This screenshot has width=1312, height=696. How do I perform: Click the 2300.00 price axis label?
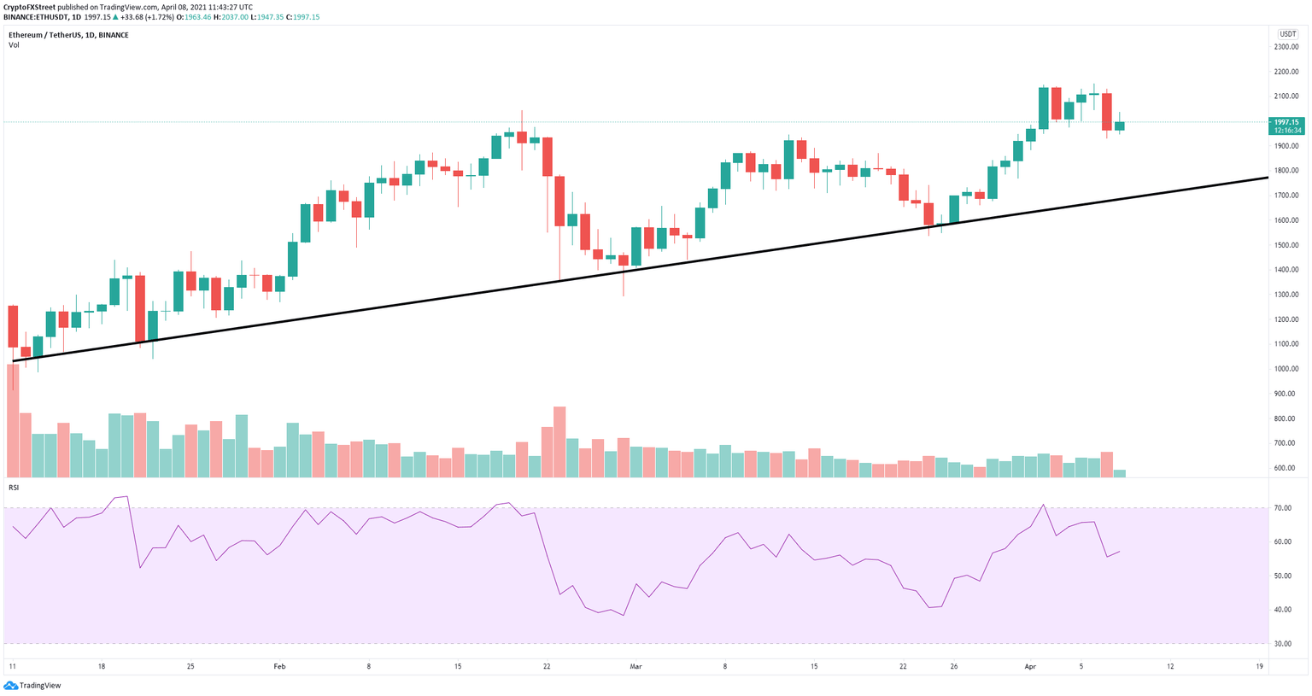click(1286, 47)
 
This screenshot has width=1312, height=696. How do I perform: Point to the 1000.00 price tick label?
click(1286, 369)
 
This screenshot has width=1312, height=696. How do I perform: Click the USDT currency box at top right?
click(1286, 34)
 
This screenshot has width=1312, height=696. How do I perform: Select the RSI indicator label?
click(14, 487)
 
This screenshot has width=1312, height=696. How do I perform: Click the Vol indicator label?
click(14, 44)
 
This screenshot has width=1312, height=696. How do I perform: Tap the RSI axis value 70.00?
click(1283, 508)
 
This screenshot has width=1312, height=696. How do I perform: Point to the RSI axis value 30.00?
click(1283, 644)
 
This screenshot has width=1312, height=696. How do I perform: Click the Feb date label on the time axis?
click(279, 666)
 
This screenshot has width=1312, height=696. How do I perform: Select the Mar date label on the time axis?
click(635, 666)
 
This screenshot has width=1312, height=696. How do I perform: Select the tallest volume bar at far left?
click(12, 418)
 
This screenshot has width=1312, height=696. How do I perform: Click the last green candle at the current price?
click(1120, 126)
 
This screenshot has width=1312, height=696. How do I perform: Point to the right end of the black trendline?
click(1267, 178)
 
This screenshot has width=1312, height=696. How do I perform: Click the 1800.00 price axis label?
click(1286, 171)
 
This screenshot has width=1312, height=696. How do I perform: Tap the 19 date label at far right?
click(1259, 666)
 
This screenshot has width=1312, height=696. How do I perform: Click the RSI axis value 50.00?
click(1283, 576)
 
